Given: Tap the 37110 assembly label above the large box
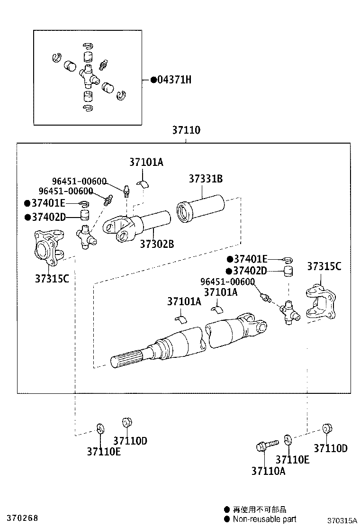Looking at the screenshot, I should click(x=186, y=130).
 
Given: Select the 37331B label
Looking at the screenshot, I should click(x=206, y=179).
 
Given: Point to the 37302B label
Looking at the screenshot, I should click(x=157, y=244).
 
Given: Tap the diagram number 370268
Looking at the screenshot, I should click(x=19, y=518).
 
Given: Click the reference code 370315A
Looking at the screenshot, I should click(x=342, y=520).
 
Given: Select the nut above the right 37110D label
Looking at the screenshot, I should click(x=326, y=429).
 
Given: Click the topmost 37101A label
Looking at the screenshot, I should click(x=146, y=162).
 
